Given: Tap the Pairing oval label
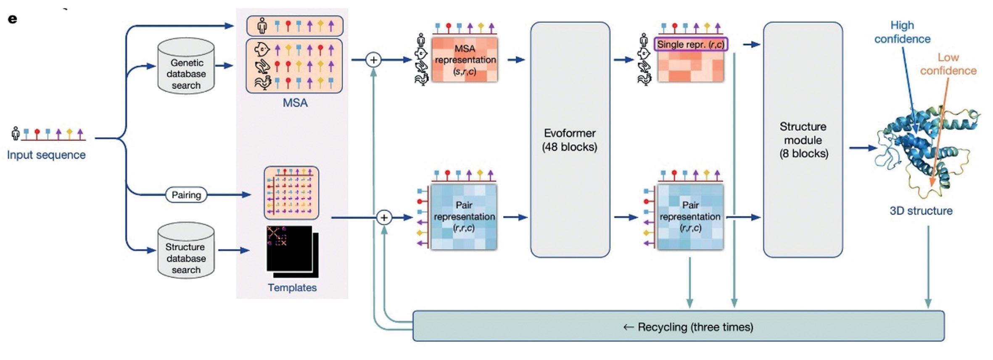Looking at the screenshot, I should coord(186,195).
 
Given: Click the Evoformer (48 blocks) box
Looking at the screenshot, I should coord(570,140).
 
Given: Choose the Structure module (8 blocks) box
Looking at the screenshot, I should coord(803,140).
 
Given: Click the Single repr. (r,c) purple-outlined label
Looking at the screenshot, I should coord(690,44).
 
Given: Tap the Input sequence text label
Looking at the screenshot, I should coord(46,155).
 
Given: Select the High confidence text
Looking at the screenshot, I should coord(902,32).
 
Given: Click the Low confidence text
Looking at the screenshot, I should coord(948,64).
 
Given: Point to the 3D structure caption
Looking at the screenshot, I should coord(921,211).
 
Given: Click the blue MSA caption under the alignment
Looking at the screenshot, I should coord(295,103).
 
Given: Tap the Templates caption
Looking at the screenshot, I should coord(292,288).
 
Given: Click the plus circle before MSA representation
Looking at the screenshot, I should coord(373,60).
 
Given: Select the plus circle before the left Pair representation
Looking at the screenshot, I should coord(384,217).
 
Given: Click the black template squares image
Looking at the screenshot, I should coord(292,251).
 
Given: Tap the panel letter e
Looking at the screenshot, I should coord(13,19).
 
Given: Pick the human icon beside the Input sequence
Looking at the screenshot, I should coord(16,133).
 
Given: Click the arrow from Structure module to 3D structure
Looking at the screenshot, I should coord(862,148).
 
